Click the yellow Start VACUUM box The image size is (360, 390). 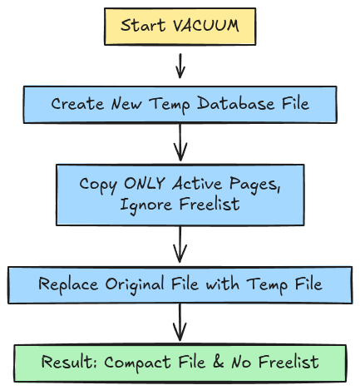180,26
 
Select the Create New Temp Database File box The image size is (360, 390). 180,104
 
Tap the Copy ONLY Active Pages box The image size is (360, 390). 180,194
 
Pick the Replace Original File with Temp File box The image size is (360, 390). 180,284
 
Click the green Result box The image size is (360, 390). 180,363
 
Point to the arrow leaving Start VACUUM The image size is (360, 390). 180,64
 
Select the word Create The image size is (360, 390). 73,104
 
